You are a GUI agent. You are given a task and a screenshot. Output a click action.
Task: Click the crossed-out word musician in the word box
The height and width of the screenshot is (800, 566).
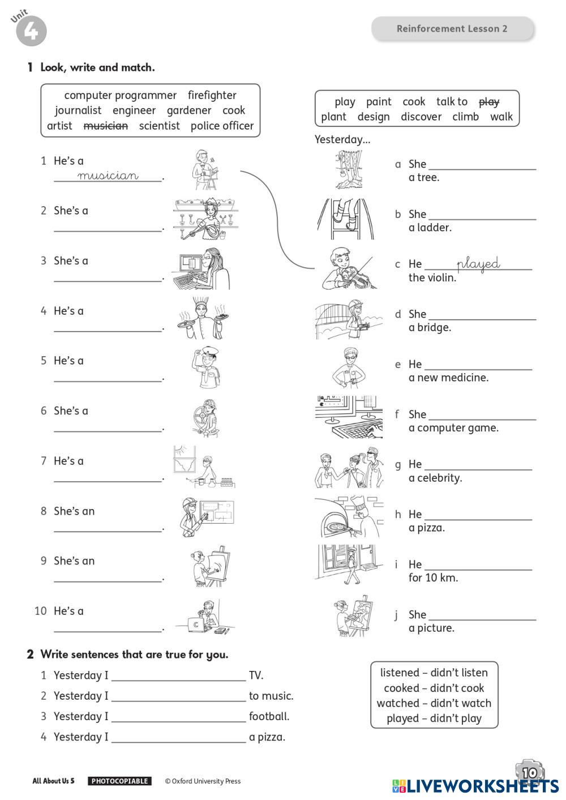coord(106,126)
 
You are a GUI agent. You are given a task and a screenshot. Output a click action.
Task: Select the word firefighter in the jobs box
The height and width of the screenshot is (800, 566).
coord(212,95)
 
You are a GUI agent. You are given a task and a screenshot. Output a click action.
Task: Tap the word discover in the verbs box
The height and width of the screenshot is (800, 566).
coord(421,117)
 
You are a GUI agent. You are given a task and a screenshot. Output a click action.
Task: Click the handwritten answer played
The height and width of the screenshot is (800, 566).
coord(478,264)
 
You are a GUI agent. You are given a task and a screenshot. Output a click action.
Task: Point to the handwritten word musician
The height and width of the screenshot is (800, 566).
coord(108,176)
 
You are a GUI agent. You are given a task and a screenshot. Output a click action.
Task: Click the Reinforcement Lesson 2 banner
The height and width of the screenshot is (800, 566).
coord(452,28)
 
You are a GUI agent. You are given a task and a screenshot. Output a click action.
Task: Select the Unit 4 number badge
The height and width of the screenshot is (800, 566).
coord(31,31)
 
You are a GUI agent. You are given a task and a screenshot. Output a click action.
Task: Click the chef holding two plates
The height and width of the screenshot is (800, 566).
coord(202,319)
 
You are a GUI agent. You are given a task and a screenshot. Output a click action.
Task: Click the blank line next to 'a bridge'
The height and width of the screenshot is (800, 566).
coord(482,318)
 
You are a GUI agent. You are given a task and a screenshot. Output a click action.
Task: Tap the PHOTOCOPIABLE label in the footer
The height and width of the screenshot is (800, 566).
coord(119,781)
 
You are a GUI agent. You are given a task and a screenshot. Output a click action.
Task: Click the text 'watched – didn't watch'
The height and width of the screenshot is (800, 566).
coord(434,703)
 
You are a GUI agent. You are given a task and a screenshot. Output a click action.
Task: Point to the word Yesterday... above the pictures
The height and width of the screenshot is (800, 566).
coord(342,139)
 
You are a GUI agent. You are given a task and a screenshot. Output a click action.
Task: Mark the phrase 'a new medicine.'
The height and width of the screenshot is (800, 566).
coord(448,378)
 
